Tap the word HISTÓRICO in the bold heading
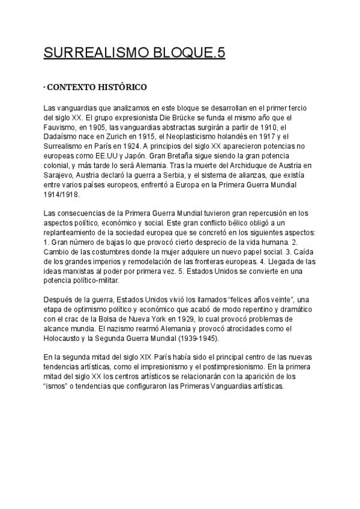pos(118,88)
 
